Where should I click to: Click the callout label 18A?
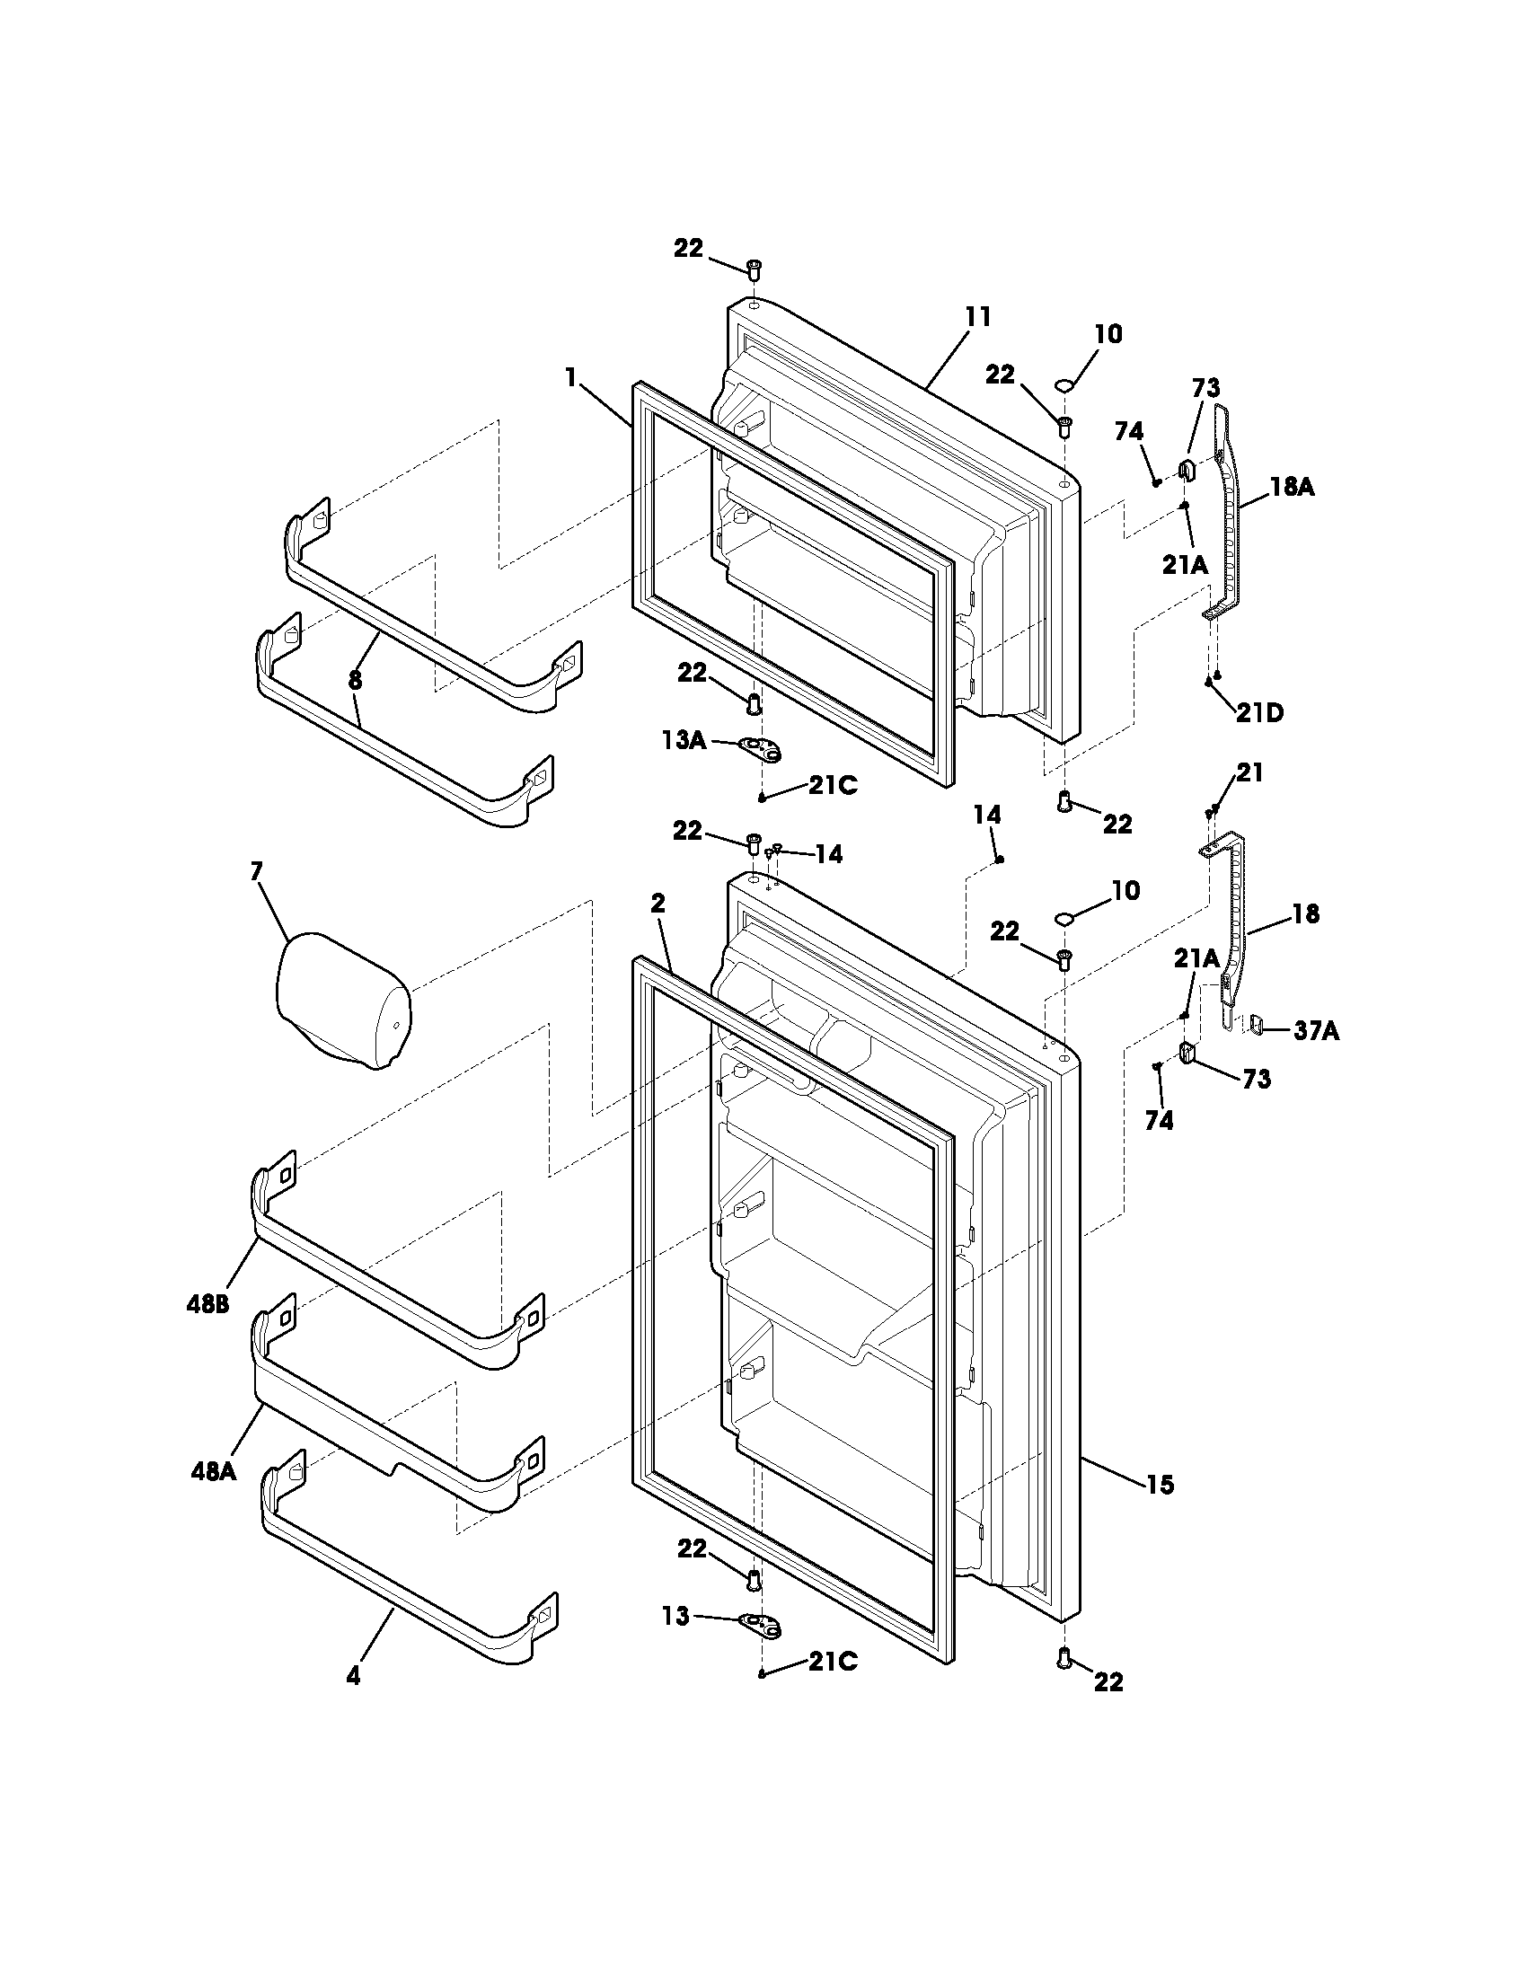1291,487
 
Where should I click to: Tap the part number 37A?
1315,1030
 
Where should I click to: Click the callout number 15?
1160,1484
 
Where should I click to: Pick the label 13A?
684,740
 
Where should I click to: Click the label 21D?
1259,712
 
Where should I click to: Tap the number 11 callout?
978,317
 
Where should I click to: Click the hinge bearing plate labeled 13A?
761,747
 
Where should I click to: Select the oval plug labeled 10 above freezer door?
1064,386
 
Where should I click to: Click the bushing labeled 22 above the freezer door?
754,268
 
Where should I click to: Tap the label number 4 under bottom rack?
353,1676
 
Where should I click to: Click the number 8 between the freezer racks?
355,681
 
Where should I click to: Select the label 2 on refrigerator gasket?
658,902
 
